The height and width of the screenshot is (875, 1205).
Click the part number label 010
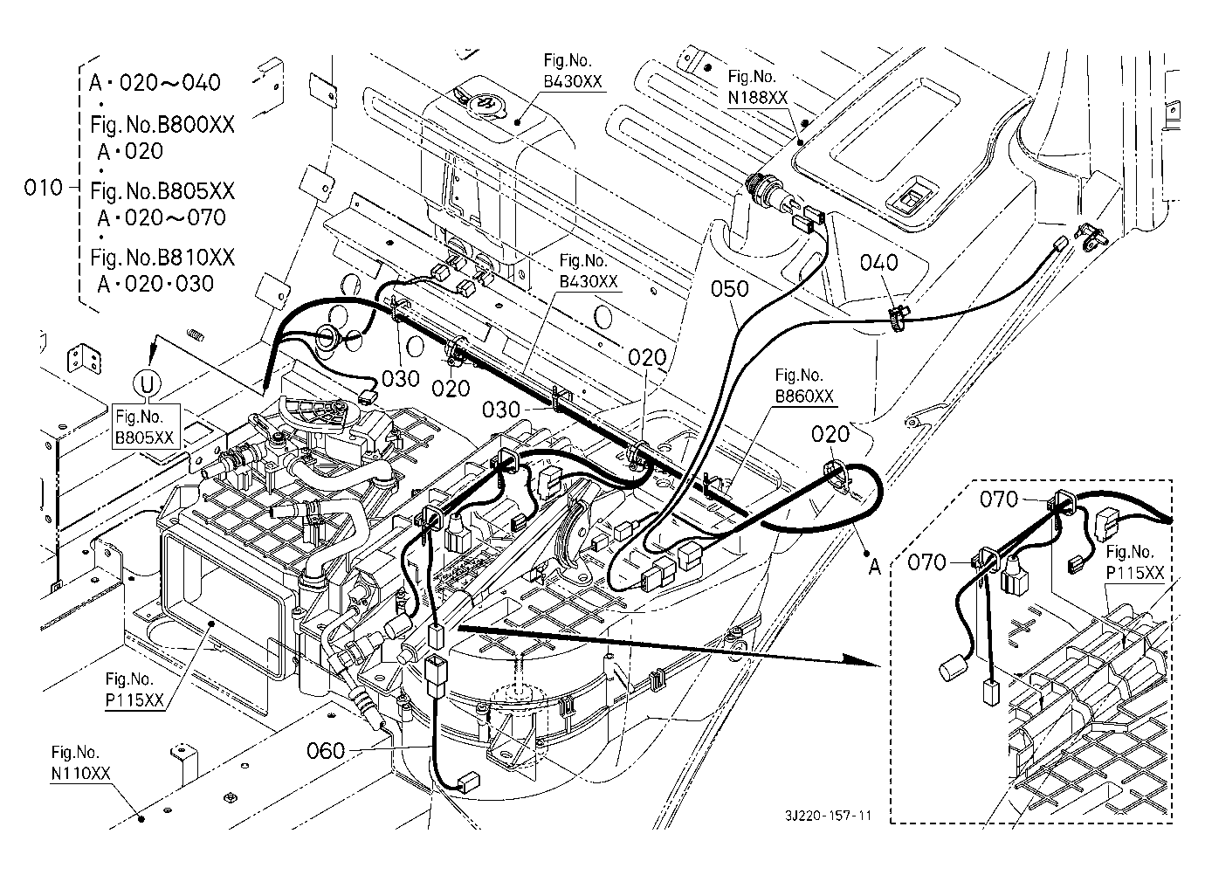tap(43, 188)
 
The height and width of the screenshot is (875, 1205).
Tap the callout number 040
tap(879, 263)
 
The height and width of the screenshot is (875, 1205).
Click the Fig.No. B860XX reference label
tap(803, 386)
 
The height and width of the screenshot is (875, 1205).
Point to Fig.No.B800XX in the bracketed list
tap(162, 124)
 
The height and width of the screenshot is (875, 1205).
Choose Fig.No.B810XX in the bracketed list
tap(162, 258)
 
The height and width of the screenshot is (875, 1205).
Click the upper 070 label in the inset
tap(999, 500)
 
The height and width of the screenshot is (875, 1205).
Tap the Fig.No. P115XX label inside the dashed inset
tap(1134, 562)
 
